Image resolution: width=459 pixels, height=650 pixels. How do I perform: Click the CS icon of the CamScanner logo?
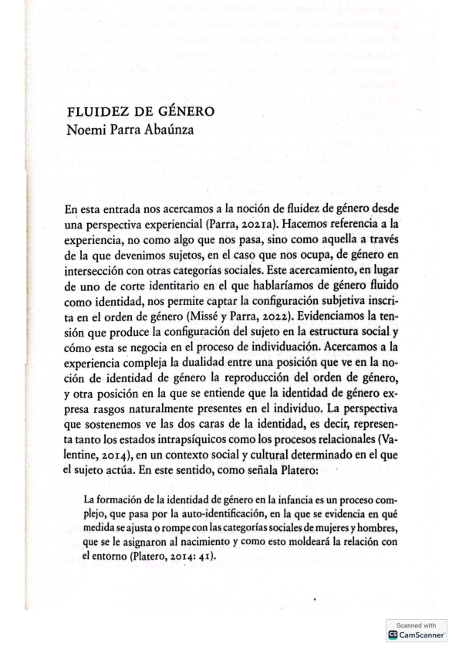point(393,635)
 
